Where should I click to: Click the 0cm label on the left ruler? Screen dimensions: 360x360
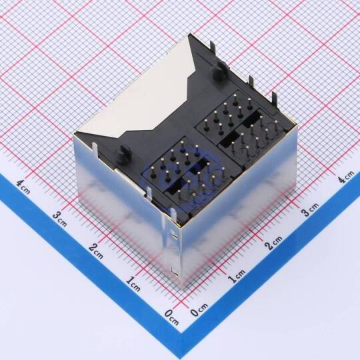click(x=171, y=317)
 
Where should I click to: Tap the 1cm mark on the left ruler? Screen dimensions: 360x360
click(x=133, y=284)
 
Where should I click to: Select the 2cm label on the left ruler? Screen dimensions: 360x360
click(x=96, y=251)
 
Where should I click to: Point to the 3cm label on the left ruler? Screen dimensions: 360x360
click(x=60, y=219)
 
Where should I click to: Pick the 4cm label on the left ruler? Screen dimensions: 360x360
click(x=23, y=187)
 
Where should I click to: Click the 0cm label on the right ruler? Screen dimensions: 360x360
click(x=199, y=310)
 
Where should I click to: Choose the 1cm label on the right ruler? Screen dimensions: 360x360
click(x=237, y=275)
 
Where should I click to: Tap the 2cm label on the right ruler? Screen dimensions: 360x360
click(x=273, y=243)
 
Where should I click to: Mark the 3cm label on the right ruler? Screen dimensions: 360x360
click(x=311, y=209)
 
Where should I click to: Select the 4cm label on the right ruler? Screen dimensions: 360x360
click(x=347, y=176)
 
